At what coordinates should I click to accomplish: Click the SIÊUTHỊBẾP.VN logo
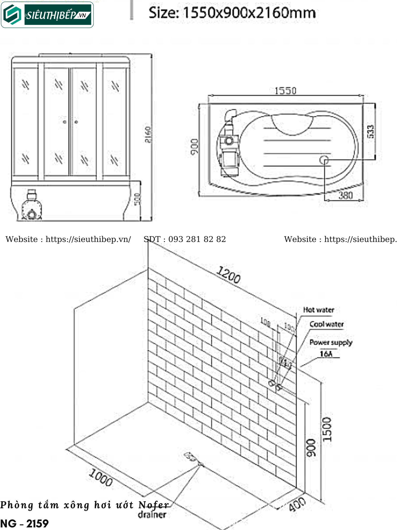tap(47, 15)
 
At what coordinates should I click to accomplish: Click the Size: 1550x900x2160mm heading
tap(232, 13)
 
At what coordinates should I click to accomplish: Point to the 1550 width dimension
tap(285, 91)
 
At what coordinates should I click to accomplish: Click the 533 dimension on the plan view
tap(370, 131)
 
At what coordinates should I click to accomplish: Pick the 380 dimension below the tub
tap(346, 196)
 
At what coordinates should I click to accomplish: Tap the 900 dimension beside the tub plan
tap(194, 148)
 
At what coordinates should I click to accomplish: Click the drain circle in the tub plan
tap(324, 160)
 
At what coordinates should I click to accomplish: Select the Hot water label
tap(318, 310)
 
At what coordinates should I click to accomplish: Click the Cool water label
tap(326, 324)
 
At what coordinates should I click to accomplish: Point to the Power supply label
tap(331, 342)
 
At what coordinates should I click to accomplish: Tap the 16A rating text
tap(326, 354)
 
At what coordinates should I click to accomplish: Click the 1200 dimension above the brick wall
tap(228, 275)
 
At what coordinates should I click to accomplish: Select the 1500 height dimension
tap(327, 429)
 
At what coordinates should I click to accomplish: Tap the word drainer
tap(152, 514)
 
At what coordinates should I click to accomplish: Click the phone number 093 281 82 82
tap(197, 239)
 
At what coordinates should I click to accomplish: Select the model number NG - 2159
tap(24, 524)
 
